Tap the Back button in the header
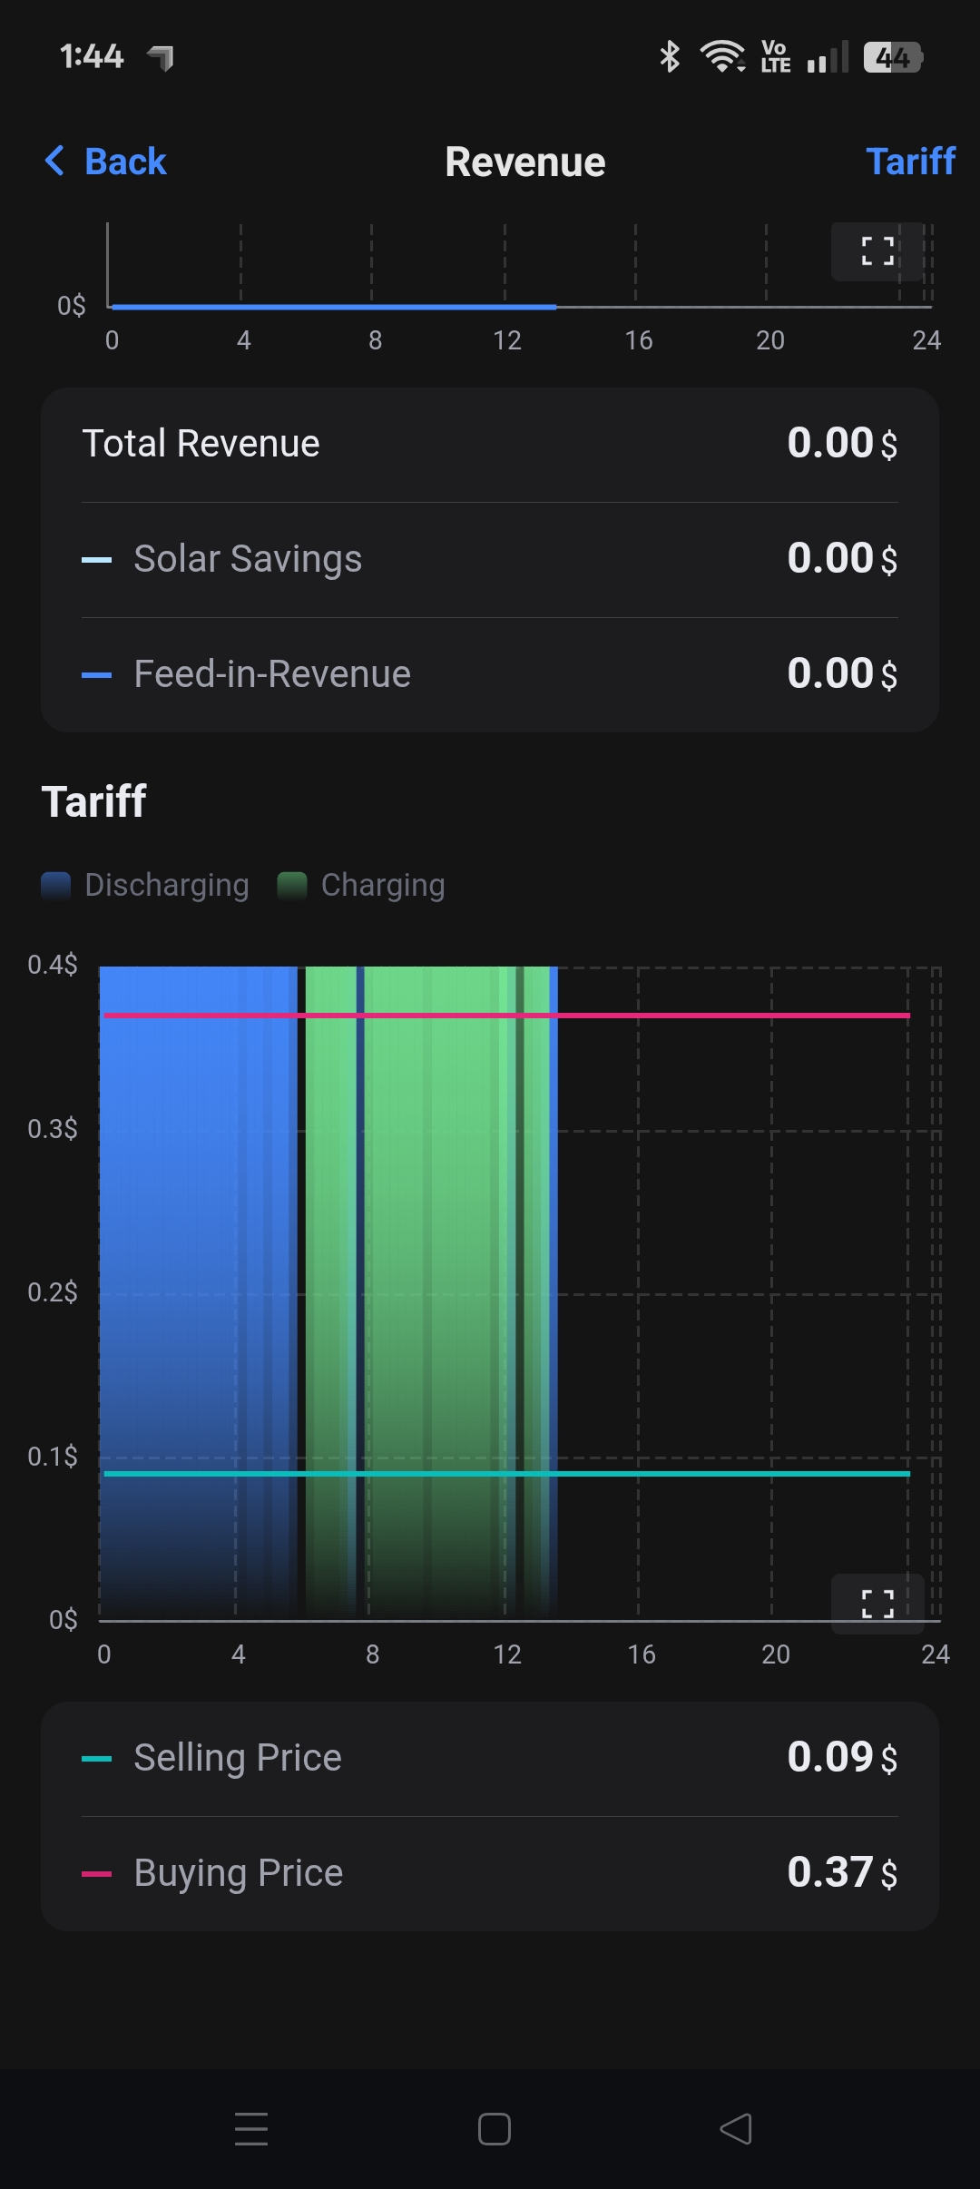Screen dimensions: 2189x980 click(106, 162)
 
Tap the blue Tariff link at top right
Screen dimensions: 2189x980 click(910, 162)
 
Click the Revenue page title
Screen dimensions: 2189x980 click(524, 162)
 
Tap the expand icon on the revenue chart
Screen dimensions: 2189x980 click(877, 251)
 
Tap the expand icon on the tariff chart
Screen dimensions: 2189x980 click(877, 1604)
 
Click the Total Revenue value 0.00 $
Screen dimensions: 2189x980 click(841, 444)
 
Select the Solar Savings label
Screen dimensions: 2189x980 click(247, 559)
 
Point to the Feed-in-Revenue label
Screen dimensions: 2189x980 click(271, 674)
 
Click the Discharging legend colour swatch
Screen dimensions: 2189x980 click(56, 885)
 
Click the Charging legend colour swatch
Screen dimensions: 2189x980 click(292, 885)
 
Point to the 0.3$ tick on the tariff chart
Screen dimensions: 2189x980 click(53, 1129)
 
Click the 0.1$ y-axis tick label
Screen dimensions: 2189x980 click(53, 1457)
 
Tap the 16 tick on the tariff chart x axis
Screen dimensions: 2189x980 click(642, 1654)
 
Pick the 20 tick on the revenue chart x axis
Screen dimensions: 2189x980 click(770, 340)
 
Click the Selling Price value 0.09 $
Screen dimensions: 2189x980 click(841, 1758)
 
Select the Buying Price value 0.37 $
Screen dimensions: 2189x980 click(841, 1873)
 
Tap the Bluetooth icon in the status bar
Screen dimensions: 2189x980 click(670, 57)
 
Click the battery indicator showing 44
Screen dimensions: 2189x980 click(893, 57)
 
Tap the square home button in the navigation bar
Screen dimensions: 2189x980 click(495, 2129)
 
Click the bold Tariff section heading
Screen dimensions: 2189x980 click(94, 801)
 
